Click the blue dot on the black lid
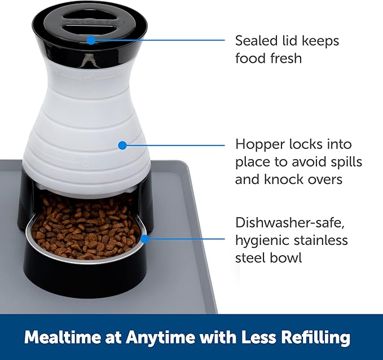91,40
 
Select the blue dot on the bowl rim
144,239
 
